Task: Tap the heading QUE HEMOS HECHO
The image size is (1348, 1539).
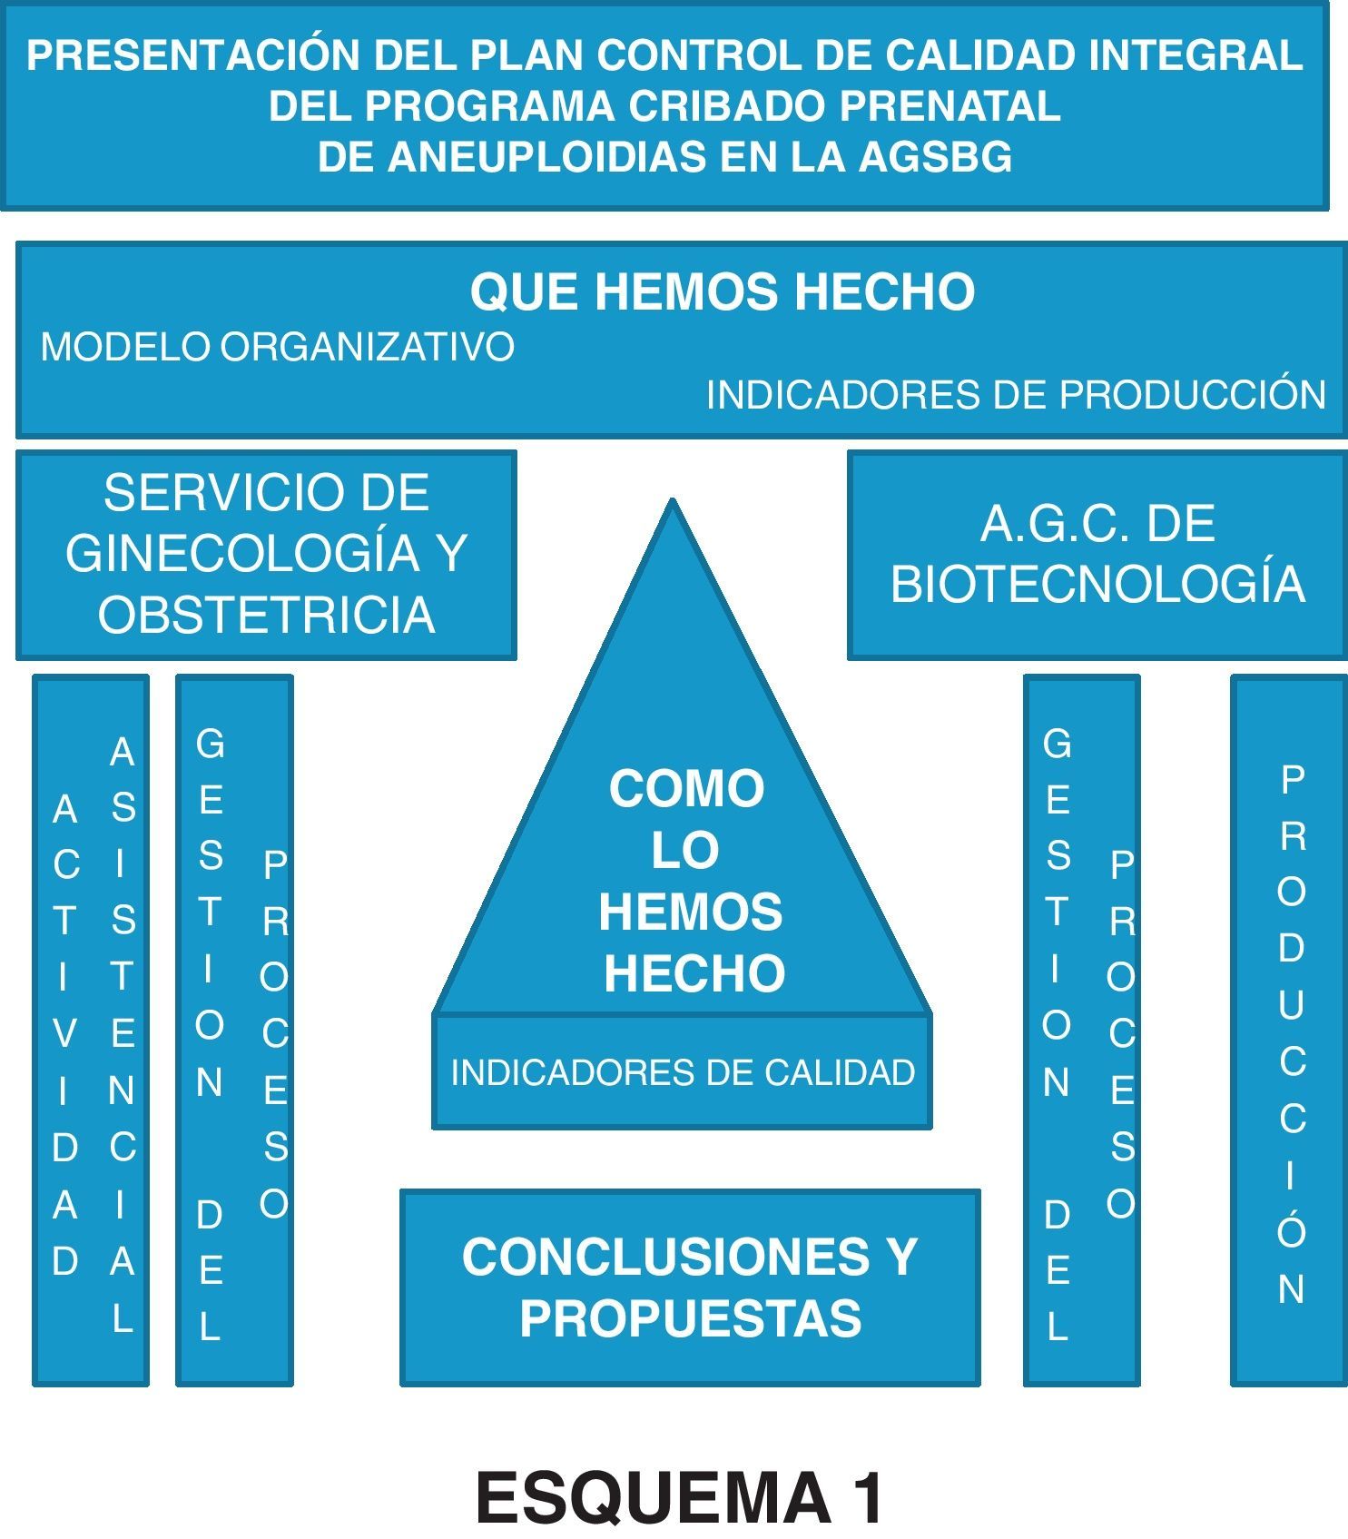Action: pos(723,291)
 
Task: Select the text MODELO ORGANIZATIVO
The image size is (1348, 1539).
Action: pos(278,347)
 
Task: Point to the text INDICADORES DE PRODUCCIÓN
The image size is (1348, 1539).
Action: pos(1016,395)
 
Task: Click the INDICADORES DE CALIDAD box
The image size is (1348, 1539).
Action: pos(683,1072)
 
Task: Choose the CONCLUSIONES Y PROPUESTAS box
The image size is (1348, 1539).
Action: pos(690,1287)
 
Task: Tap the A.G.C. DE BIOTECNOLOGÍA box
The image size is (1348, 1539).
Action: pos(1097,554)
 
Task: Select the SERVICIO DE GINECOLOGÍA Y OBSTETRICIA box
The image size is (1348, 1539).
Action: pos(266,554)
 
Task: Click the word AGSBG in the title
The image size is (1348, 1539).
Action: pos(935,157)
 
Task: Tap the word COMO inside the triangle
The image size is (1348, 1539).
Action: pos(686,788)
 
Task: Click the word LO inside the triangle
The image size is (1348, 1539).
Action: pos(685,850)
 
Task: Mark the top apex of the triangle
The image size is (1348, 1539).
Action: pos(673,502)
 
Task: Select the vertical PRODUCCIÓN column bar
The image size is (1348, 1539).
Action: pos(1289,1030)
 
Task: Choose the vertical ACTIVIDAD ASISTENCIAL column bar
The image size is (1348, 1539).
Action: pos(91,1030)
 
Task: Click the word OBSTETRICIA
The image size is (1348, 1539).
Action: pos(266,615)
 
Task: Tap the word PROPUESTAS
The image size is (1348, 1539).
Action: pos(690,1318)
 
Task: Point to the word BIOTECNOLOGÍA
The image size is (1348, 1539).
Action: pos(1097,583)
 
